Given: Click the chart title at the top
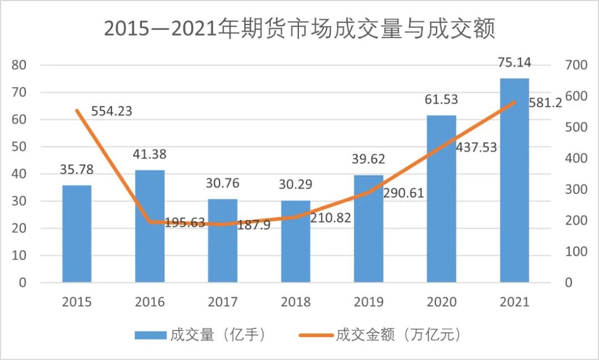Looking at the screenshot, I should point(299,29).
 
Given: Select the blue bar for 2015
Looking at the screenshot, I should point(77,234).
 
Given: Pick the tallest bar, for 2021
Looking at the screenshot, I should point(514,180).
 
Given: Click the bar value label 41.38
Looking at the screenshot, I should point(150,155).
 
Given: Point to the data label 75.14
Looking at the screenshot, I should point(514,62).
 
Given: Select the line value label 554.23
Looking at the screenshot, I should point(111,111).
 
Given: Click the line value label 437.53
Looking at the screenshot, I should point(476,148).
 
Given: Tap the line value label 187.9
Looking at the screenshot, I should point(253,225).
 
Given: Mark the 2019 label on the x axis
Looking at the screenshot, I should point(369,302).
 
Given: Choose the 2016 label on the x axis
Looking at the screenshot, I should point(150,302).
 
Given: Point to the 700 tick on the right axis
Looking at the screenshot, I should point(575,65).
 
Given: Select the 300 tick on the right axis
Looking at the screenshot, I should point(575,190).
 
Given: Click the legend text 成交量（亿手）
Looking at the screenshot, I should point(219,335).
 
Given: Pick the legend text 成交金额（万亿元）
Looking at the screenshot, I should point(398,335).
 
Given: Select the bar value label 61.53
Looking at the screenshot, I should point(441,100).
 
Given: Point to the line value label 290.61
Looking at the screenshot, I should point(403,194).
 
